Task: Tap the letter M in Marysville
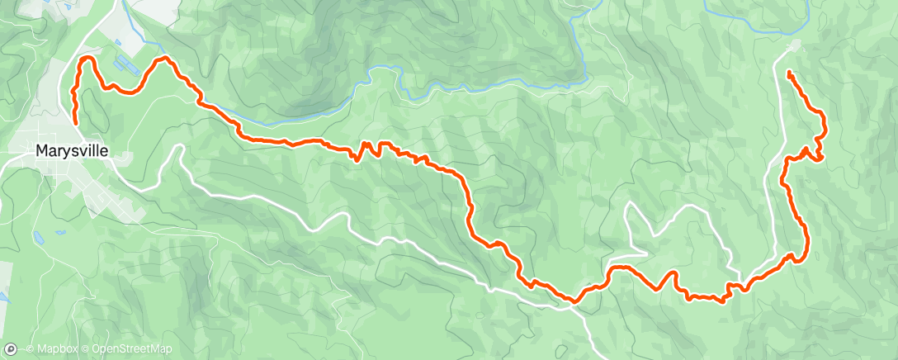(x=41, y=151)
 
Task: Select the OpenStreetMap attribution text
(x=131, y=350)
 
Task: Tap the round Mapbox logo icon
(x=9, y=349)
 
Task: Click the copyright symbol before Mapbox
(x=30, y=350)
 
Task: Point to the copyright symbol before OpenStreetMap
(x=85, y=350)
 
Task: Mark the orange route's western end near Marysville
(x=75, y=122)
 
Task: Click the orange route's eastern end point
(x=790, y=73)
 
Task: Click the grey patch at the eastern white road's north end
(x=795, y=45)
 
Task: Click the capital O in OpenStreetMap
(x=95, y=350)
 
